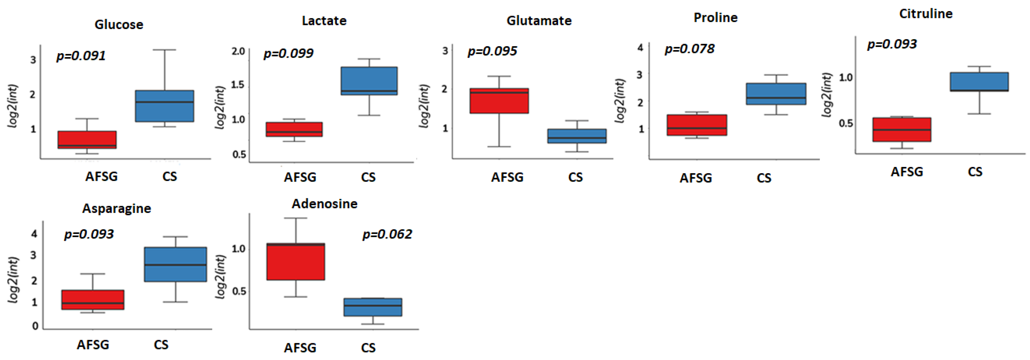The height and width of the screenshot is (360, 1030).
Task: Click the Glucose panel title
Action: (x=119, y=24)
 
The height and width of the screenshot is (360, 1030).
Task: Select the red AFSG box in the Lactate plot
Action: (x=294, y=129)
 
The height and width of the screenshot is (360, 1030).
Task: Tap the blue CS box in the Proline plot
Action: (x=776, y=94)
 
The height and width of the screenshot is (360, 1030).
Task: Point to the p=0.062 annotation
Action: (x=387, y=234)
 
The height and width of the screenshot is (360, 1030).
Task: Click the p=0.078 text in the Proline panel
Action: (x=689, y=49)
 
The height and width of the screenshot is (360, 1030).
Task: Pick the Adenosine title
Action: (x=324, y=204)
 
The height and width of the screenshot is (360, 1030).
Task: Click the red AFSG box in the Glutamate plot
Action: (x=499, y=101)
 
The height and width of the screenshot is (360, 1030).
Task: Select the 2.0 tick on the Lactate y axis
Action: (x=238, y=51)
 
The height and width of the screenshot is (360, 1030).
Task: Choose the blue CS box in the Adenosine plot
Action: (x=373, y=307)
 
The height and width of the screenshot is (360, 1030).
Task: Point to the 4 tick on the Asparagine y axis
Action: (x=34, y=233)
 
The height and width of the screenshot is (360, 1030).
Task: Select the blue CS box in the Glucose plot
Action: (x=164, y=106)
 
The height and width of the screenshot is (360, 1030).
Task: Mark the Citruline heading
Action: (x=926, y=14)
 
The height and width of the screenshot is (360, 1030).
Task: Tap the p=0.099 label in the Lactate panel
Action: (x=288, y=53)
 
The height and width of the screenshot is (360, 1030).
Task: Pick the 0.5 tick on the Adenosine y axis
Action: (x=239, y=291)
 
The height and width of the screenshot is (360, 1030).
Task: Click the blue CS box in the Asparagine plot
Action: (x=175, y=264)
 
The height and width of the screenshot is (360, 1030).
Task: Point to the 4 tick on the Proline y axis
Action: (x=640, y=47)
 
